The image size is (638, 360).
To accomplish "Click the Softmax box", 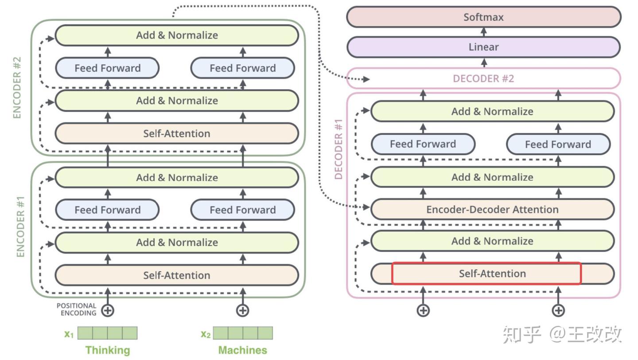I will pyautogui.click(x=483, y=17).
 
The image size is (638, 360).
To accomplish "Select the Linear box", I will pyautogui.click(x=483, y=47).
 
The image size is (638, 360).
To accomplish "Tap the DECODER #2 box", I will pyautogui.click(x=483, y=78).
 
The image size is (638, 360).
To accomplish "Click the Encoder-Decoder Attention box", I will pyautogui.click(x=492, y=209).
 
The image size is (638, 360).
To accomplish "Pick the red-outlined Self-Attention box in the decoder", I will pyautogui.click(x=486, y=274).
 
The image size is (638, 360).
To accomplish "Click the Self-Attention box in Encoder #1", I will pyautogui.click(x=176, y=275).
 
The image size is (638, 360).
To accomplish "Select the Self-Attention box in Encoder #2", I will pyautogui.click(x=176, y=133).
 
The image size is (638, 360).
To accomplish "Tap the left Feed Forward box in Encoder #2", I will pyautogui.click(x=107, y=68).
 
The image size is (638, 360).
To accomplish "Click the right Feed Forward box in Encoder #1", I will pyautogui.click(x=242, y=210).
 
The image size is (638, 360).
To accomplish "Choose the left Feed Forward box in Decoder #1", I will pyautogui.click(x=423, y=144).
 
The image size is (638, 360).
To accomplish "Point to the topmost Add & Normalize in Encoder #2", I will pyautogui.click(x=176, y=35).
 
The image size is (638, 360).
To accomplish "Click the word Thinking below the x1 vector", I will pyautogui.click(x=108, y=350).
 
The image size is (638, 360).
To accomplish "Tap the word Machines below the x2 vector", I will pyautogui.click(x=242, y=350).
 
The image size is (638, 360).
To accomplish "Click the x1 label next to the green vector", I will pyautogui.click(x=69, y=334).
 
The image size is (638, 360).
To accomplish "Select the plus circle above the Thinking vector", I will pyautogui.click(x=108, y=310).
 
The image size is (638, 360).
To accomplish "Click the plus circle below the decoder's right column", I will pyautogui.click(x=558, y=310).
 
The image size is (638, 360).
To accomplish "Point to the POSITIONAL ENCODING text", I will pyautogui.click(x=76, y=309).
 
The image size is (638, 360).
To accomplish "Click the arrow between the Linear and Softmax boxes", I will pyautogui.click(x=483, y=32).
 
